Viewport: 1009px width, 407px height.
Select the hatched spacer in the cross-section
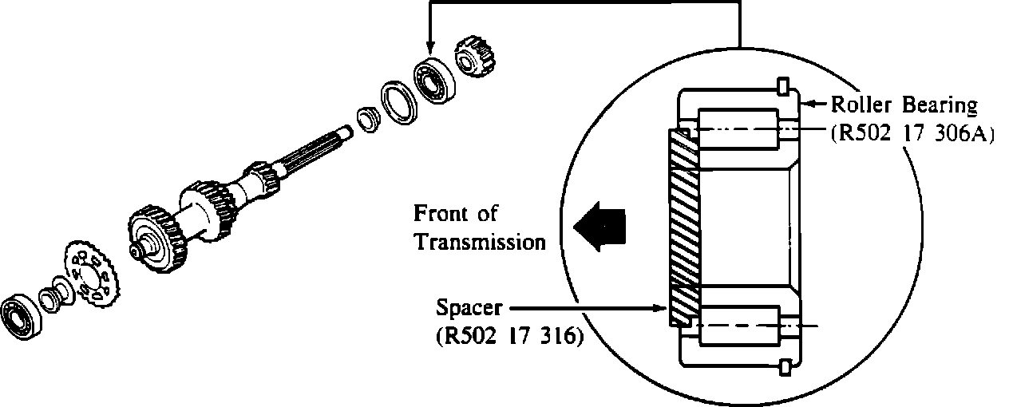682,228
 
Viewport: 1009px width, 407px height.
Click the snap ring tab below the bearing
784,367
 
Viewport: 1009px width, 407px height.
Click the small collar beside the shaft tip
368,121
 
